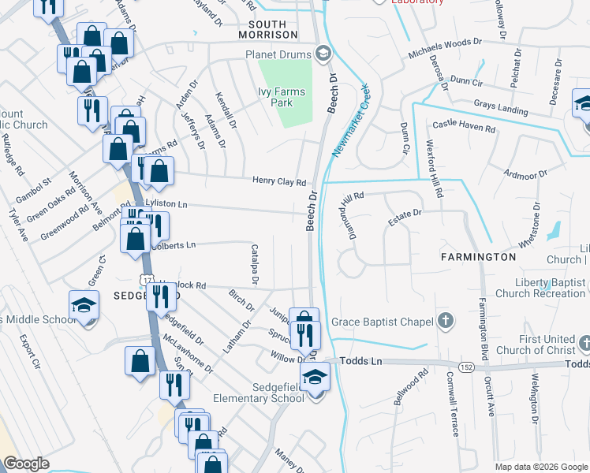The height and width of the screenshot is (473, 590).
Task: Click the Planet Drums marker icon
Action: pyautogui.click(x=322, y=54)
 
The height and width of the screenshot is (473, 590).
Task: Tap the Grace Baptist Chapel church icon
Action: pyautogui.click(x=446, y=321)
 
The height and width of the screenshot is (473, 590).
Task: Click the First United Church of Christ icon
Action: pyautogui.click(x=584, y=344)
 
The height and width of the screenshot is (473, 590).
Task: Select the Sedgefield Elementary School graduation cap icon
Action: pyautogui.click(x=314, y=376)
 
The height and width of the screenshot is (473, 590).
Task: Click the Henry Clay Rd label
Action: pyautogui.click(x=278, y=181)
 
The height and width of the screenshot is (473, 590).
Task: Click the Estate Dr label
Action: pyautogui.click(x=405, y=218)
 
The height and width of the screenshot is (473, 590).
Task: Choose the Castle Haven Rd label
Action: pyautogui.click(x=463, y=126)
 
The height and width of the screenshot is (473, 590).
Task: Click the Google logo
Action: pyautogui.click(x=26, y=464)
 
